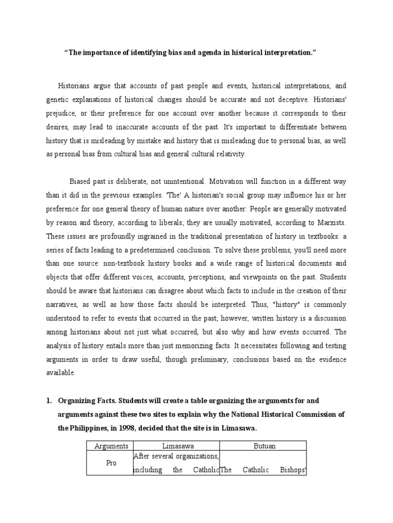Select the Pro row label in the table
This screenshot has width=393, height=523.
111,463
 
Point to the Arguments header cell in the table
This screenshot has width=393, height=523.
111,446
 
